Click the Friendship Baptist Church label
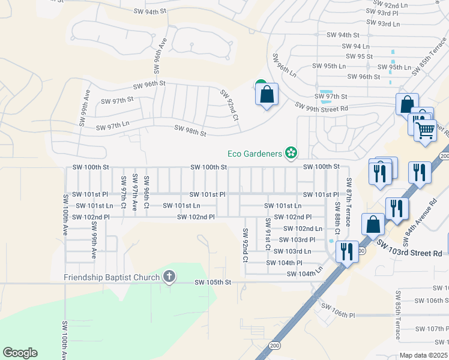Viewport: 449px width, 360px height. point(112,277)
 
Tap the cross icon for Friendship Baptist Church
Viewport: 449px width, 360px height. point(169,277)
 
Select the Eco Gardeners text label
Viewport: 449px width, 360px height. point(255,154)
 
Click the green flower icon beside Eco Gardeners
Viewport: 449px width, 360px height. point(291,154)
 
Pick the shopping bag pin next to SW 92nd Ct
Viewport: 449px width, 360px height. point(267,94)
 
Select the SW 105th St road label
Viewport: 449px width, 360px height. point(212,282)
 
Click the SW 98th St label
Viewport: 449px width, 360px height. point(190,130)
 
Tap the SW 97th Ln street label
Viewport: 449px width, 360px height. point(113,124)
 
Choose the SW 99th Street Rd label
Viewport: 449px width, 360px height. point(321,106)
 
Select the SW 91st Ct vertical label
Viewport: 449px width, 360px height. point(268,234)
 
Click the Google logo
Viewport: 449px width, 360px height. point(20,352)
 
